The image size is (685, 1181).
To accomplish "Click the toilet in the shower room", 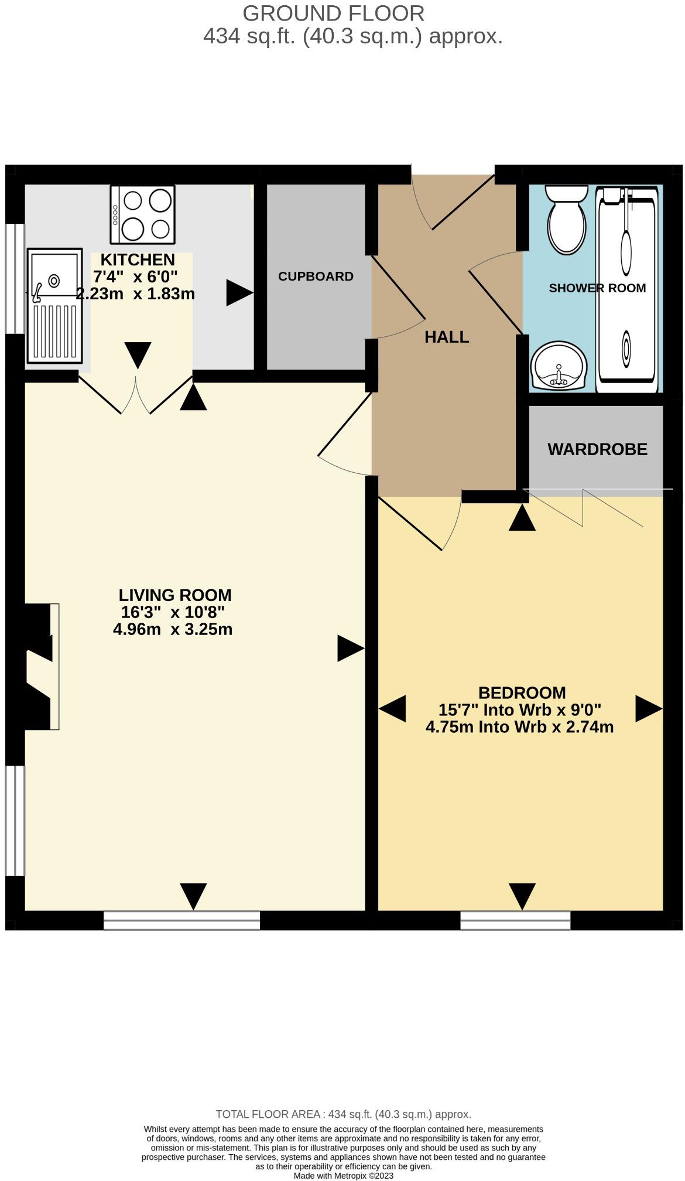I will pos(566,221).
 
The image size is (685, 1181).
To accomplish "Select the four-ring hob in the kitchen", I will pos(142,214).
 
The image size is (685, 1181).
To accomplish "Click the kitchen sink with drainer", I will pos(54,305).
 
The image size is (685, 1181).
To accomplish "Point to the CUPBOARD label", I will pos(316,277).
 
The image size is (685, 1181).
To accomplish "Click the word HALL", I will pos(447,337).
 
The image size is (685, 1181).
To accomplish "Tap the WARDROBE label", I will pos(597,449).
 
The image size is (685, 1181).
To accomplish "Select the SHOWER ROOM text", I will pos(597,288).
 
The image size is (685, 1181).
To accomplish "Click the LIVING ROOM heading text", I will pos(175,595).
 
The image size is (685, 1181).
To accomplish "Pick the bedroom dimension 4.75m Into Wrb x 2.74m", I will pos(519,728).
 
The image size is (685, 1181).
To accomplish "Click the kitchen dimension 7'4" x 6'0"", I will pos(135,277).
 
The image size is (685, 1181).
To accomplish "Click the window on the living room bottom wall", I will pos(181,920).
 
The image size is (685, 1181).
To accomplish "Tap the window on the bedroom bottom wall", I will pos(515,920).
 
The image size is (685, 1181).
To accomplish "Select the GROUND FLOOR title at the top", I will pos(333,13).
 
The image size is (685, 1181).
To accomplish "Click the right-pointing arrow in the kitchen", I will pos(238,293).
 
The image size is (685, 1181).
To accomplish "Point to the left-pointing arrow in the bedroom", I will pos(393,709).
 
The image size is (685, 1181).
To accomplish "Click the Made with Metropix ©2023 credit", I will pos(343,1175).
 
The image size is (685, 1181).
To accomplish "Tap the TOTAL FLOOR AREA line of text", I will pos(343,1114).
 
